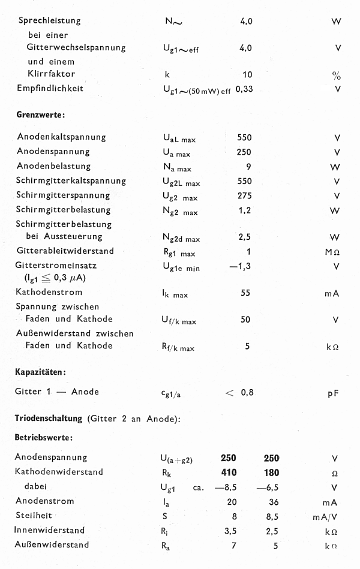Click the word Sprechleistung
49,21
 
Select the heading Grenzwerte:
40,114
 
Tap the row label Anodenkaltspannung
62,137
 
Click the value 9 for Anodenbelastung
248,167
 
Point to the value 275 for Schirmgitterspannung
245,195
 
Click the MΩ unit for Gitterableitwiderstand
332,252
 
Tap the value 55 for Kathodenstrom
245,293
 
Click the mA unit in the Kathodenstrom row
331,293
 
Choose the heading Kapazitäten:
40,372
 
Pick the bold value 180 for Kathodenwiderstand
271,472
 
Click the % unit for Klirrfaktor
336,76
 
